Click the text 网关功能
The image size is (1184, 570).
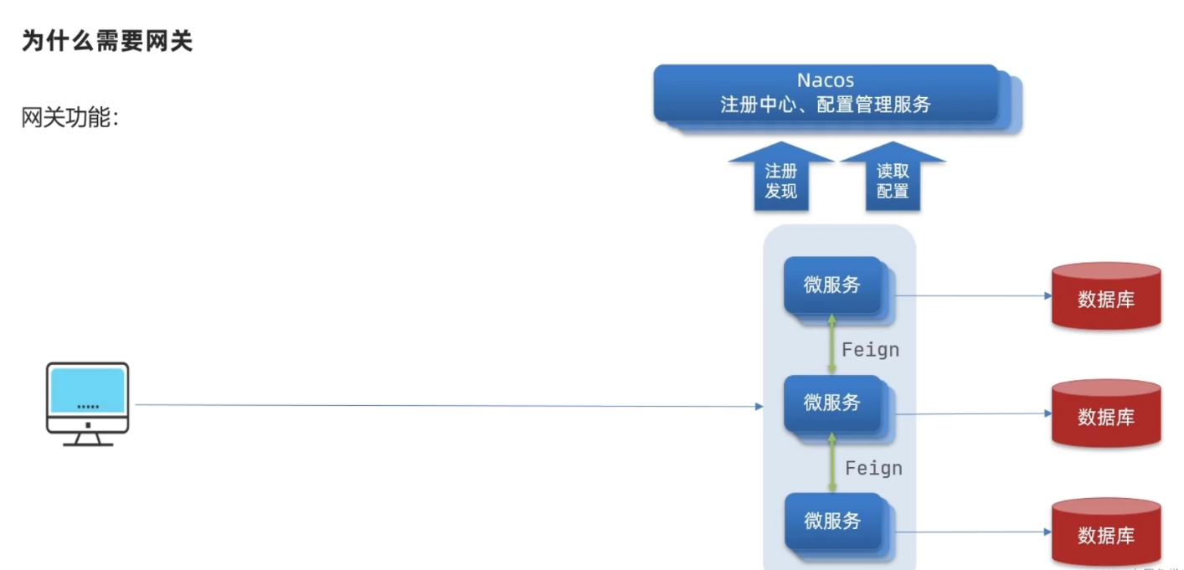[70, 118]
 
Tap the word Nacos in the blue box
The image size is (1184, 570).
[825, 80]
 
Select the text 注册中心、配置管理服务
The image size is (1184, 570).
[825, 105]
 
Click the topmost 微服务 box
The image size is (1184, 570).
[832, 285]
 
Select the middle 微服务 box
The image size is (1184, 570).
[832, 403]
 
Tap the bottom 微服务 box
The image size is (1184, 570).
[832, 521]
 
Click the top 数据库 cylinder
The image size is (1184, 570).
[1106, 297]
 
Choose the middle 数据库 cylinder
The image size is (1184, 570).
[1106, 414]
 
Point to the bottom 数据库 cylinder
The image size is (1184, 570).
[1106, 533]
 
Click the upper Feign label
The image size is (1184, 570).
[871, 350]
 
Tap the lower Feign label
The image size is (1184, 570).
[873, 468]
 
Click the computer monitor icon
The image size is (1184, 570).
[87, 403]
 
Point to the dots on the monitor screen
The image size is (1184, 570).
[87, 407]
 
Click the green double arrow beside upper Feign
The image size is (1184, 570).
[831, 344]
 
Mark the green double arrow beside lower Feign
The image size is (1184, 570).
[831, 462]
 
